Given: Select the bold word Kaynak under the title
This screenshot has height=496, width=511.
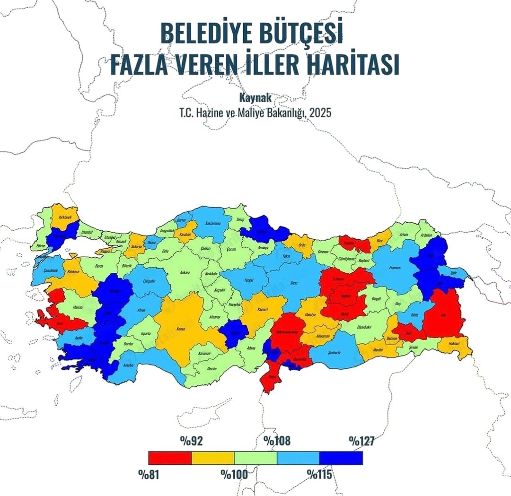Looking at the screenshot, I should point(255,99).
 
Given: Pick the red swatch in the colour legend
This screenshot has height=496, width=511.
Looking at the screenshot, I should point(169,458).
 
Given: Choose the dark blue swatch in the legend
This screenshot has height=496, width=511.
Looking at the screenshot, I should point(341,458).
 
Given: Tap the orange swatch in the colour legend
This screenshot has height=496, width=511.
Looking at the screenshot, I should point(212,458).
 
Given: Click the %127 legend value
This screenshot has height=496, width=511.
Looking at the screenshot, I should point(361,441).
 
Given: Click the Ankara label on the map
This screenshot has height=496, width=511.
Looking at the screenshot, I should point(185,273).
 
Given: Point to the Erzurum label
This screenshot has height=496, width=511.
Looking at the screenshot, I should point(395,268).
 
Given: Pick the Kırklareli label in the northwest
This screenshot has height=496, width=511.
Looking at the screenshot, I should point(65,217).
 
